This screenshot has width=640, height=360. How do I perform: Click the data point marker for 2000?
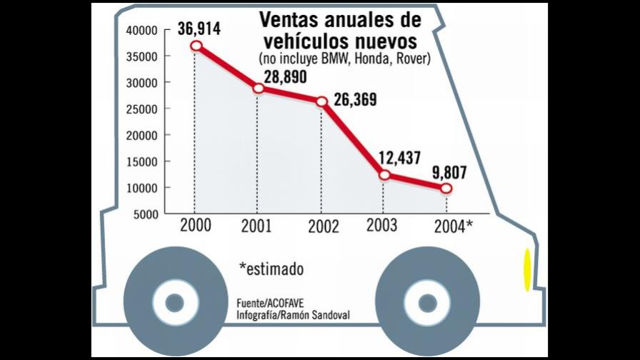coord(196,46)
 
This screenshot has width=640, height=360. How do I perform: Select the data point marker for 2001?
coord(258,89)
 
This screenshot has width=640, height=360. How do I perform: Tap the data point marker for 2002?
coord(321,102)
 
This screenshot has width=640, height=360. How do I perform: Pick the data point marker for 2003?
coord(384,175)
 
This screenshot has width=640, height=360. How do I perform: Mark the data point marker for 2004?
coord(446,189)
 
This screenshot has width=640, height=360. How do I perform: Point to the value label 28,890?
coord(280,74)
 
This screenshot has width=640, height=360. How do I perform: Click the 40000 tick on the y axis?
coord(141,30)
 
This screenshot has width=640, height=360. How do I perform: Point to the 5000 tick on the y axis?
coord(144,214)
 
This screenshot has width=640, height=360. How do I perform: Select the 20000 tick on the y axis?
coord(141,135)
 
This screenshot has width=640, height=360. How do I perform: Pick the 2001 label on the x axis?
coord(256,226)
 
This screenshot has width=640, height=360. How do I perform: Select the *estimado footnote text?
coord(271,269)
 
